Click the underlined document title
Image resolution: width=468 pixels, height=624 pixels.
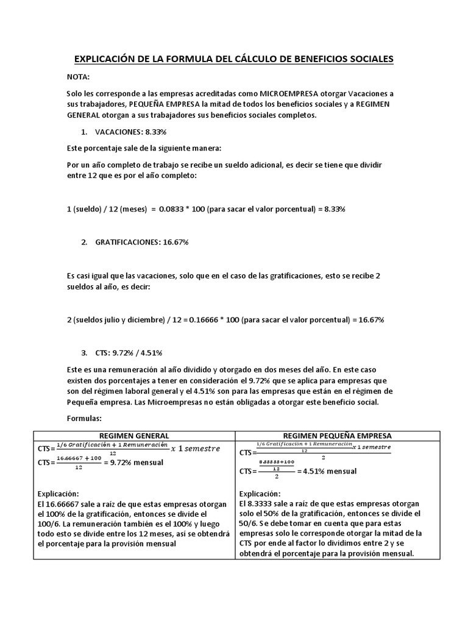click(234, 58)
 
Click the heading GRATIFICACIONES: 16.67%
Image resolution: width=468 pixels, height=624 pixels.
click(142, 242)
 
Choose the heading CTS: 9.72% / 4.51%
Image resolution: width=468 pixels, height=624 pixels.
click(129, 353)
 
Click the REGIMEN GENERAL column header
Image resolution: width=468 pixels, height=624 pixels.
click(134, 436)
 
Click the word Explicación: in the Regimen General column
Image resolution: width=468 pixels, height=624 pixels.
click(58, 494)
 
